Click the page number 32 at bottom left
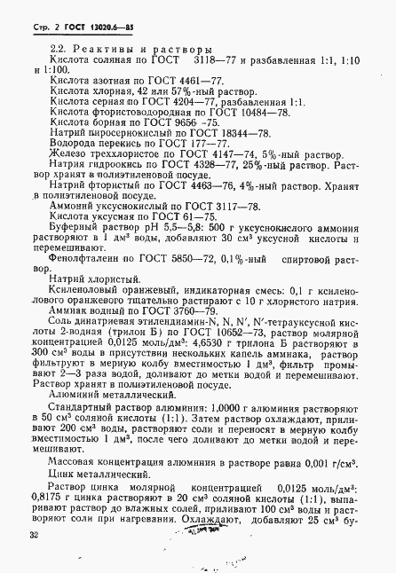(34, 535)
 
